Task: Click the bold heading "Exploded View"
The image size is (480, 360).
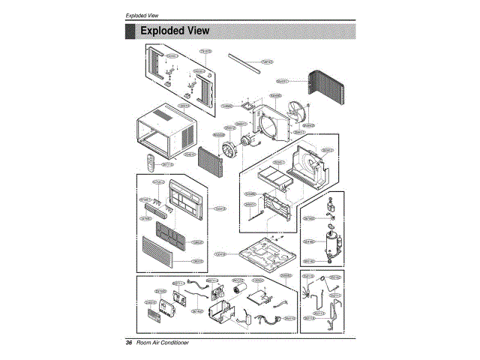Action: point(175,31)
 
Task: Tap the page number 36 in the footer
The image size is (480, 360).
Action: point(129,343)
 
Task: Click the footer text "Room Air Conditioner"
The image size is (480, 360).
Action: point(163,343)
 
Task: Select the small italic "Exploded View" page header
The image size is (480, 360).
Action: point(142,16)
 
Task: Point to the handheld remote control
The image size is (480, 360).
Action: point(150,163)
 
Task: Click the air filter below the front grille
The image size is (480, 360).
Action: point(172,235)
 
